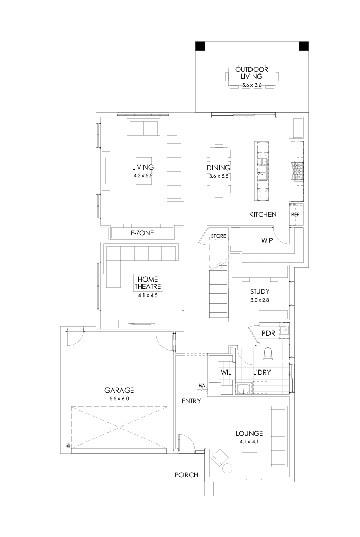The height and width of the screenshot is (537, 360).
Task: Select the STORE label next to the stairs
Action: [x=219, y=236]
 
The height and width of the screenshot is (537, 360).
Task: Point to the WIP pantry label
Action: [x=266, y=239]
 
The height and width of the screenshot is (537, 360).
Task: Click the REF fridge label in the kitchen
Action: [x=295, y=214]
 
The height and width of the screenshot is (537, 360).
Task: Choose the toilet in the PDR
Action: [x=267, y=353]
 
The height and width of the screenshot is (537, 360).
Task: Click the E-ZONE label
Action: [x=142, y=233]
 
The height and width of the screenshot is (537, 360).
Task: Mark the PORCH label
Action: [x=187, y=475]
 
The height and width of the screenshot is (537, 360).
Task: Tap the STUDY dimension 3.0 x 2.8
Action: [x=260, y=300]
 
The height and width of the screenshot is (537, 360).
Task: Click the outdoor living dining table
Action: [x=252, y=77]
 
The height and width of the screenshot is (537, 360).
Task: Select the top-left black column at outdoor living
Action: [x=201, y=46]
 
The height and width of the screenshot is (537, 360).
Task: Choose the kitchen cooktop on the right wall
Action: [x=297, y=171]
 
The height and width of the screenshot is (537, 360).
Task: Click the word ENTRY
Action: [x=191, y=401]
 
